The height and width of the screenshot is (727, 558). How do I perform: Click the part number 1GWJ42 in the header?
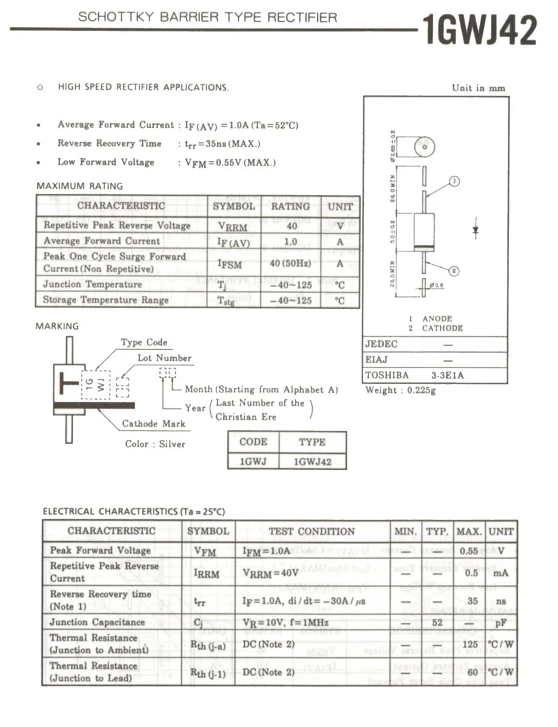479,30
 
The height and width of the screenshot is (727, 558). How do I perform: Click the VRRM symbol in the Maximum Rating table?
233,226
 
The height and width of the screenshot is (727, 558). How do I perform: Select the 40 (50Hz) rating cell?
290,264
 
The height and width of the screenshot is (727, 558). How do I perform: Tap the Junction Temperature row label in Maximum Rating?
92,284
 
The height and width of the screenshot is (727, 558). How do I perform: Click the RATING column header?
290,206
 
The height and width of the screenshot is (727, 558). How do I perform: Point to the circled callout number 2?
454,271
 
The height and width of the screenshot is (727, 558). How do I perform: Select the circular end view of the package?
425,146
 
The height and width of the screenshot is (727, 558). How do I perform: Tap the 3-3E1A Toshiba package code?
447,376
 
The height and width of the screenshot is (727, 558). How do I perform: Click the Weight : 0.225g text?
400,390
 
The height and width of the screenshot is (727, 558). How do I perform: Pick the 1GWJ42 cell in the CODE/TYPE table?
312,462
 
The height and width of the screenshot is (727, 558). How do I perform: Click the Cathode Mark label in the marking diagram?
148,424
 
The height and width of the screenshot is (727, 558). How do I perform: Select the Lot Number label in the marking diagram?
164,358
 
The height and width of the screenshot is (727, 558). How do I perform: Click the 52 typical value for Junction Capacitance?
437,623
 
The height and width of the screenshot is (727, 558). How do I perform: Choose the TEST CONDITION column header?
311,531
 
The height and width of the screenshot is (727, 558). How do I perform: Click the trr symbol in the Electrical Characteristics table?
200,601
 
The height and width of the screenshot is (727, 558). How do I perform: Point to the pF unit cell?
500,623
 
